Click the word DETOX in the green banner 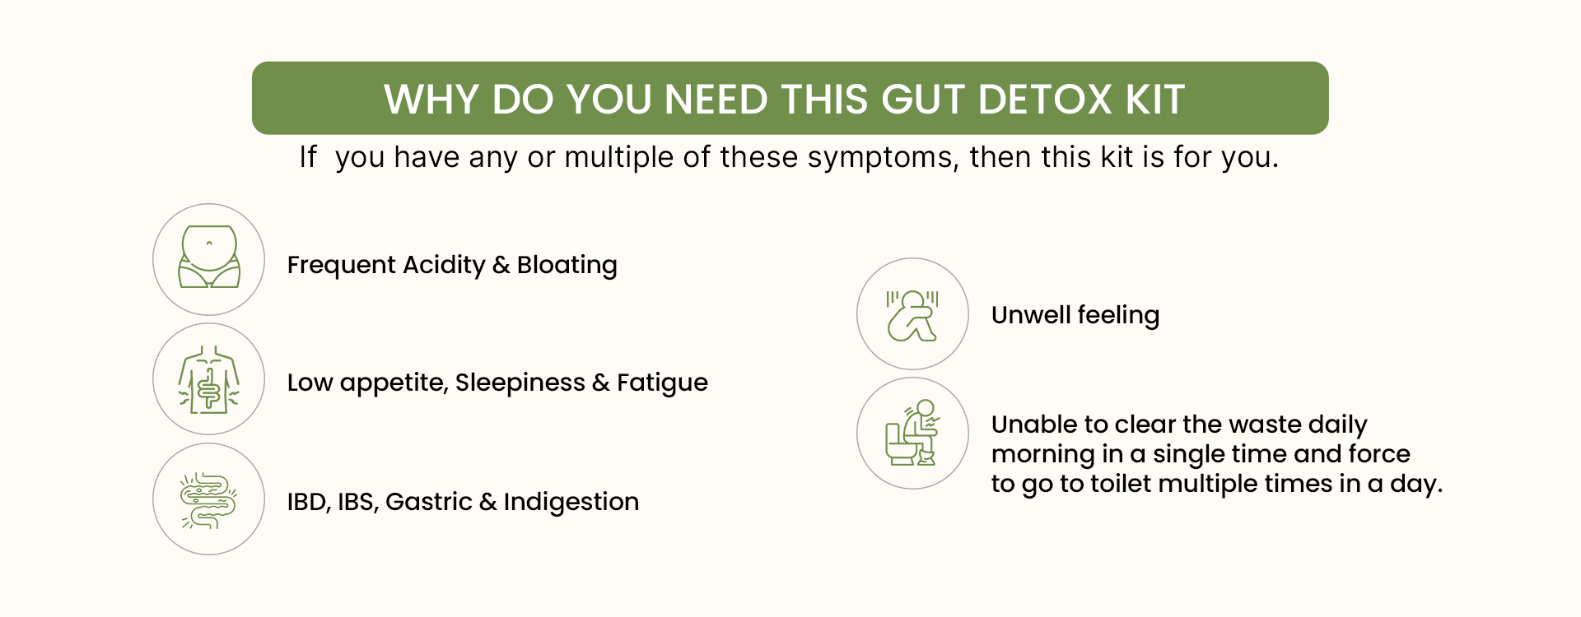[1046, 100]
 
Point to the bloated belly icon [209, 257]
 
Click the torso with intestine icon [209, 379]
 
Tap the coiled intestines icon [208, 499]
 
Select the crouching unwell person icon [912, 315]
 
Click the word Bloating [567, 265]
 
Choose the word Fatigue [662, 383]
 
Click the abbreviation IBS [357, 502]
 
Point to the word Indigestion [571, 502]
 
